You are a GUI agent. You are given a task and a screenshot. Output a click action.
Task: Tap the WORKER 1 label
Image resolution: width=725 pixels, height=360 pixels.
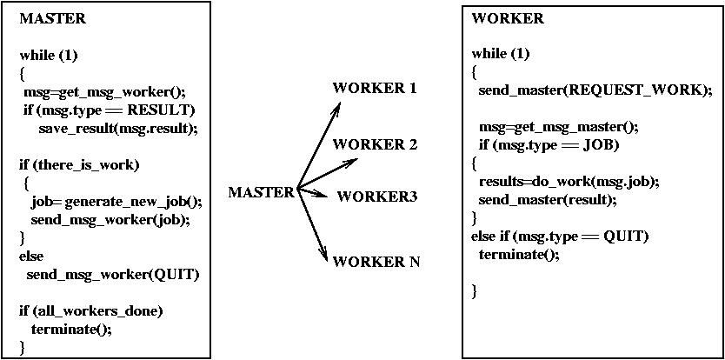[375, 88]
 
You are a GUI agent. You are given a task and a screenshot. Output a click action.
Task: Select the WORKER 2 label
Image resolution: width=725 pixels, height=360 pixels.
[375, 143]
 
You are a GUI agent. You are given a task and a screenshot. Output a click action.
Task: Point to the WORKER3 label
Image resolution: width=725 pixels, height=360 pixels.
[377, 196]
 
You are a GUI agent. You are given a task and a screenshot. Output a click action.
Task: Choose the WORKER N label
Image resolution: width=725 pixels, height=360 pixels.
[376, 261]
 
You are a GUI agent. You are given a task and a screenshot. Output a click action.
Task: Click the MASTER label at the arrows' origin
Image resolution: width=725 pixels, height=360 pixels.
[262, 192]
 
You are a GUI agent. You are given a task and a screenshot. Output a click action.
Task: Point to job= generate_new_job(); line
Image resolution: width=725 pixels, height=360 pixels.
[116, 202]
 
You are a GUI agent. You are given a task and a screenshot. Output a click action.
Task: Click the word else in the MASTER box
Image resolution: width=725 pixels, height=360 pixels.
[31, 256]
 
